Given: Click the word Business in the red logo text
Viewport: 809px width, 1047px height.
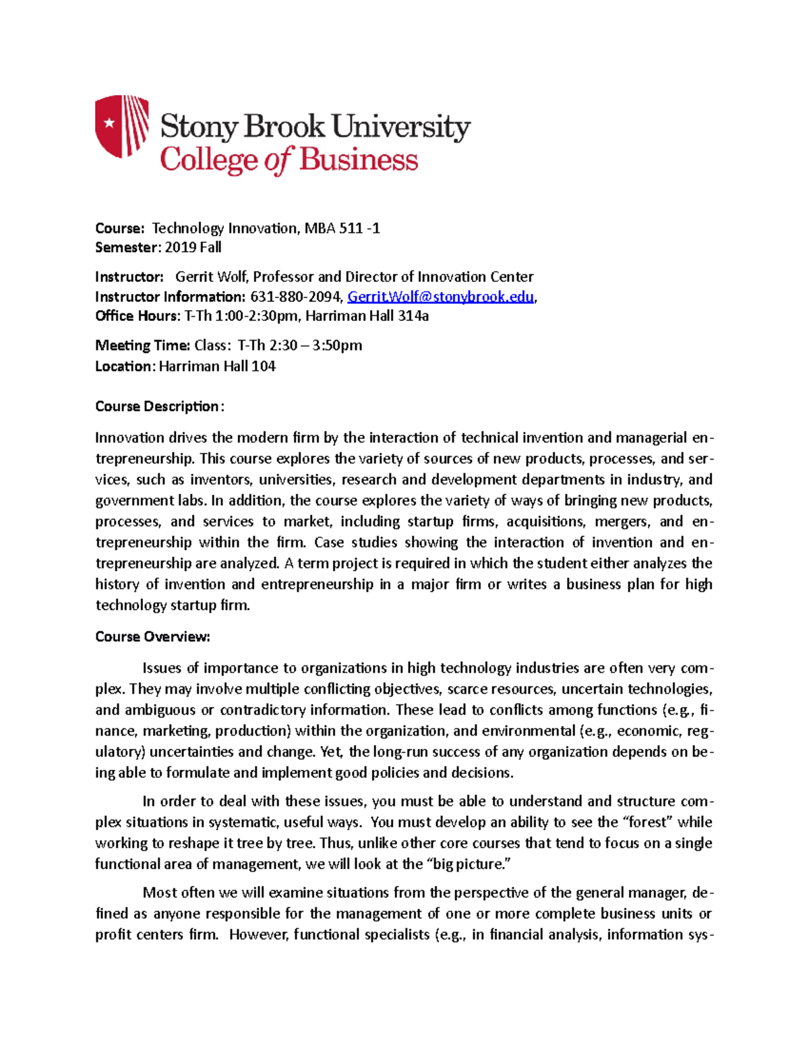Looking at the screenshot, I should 358,160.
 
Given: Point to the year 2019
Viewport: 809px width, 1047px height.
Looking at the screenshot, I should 180,247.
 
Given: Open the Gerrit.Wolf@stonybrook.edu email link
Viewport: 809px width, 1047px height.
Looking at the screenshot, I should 440,297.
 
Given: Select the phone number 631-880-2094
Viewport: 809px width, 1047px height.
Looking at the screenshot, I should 295,297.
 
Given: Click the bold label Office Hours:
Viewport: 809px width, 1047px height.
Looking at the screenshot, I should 137,316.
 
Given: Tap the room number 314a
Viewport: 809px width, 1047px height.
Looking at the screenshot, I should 413,316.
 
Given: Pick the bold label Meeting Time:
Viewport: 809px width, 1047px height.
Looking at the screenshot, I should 142,345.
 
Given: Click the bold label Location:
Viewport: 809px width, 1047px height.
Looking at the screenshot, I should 125,366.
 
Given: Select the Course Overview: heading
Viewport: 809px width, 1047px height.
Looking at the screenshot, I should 152,636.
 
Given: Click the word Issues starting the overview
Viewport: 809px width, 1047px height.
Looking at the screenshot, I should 162,668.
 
